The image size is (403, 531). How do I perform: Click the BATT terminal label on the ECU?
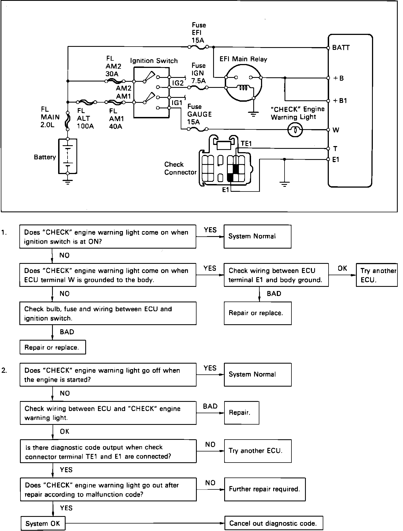point(341,48)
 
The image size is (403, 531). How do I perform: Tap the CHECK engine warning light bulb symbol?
point(295,130)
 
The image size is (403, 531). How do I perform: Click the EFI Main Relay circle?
point(243,82)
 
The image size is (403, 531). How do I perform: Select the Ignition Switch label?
point(154,61)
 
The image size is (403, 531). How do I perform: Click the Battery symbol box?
point(68,156)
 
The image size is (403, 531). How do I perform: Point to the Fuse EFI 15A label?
point(199,33)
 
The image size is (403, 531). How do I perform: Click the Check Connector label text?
point(180,168)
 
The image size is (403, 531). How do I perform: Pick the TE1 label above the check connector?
point(246,143)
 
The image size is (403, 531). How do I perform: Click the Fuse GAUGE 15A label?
point(199,114)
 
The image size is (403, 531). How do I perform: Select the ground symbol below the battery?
point(68,182)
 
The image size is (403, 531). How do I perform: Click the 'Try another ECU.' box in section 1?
point(377,275)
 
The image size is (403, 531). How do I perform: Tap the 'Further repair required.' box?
point(265,489)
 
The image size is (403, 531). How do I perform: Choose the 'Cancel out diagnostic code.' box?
point(274,523)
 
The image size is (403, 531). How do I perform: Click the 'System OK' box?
point(43,523)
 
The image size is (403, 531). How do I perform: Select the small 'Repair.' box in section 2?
point(242,413)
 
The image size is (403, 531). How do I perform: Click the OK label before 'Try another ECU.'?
point(342,268)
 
